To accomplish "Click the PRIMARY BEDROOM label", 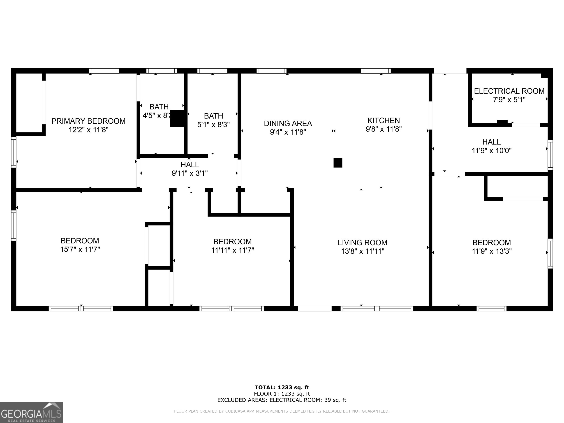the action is tap(88, 121).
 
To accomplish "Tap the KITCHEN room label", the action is tap(384, 120).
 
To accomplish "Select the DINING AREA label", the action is tap(288, 123).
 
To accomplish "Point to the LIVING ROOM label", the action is tap(363, 243).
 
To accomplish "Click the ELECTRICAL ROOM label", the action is tap(509, 91).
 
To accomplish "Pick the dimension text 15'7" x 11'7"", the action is tap(80, 249).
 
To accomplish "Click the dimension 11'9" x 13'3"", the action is tap(492, 251).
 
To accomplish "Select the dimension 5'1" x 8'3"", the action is tap(213, 125).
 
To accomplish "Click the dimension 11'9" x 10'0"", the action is tap(492, 150).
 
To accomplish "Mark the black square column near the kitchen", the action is tap(338, 163).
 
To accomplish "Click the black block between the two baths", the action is tap(177, 118).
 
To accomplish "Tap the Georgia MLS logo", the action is tap(31, 413).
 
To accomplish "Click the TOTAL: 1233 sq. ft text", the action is tap(282, 388).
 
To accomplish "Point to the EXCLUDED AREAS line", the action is tap(282, 400).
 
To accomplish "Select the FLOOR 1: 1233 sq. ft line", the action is tap(282, 394).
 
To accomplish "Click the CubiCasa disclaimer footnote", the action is tap(282, 411).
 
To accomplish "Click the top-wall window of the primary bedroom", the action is tap(104, 71).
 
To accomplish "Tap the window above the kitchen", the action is tap(376, 71).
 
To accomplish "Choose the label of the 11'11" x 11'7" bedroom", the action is tap(233, 241).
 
